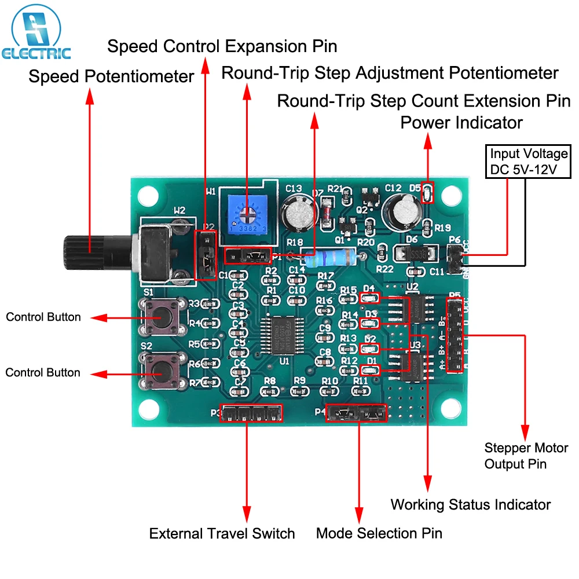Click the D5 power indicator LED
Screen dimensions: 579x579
coord(427,192)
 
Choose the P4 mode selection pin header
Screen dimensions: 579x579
coord(356,412)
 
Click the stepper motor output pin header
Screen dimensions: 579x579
coord(455,335)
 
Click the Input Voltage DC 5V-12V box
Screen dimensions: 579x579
coord(529,161)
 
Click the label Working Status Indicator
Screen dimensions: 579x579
coord(470,504)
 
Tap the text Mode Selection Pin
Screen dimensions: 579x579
coord(379,533)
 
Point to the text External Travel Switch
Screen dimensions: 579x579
coord(222,533)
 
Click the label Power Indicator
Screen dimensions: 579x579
coord(461,122)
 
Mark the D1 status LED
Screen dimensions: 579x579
coord(369,369)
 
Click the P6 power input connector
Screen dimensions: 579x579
coord(456,258)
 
